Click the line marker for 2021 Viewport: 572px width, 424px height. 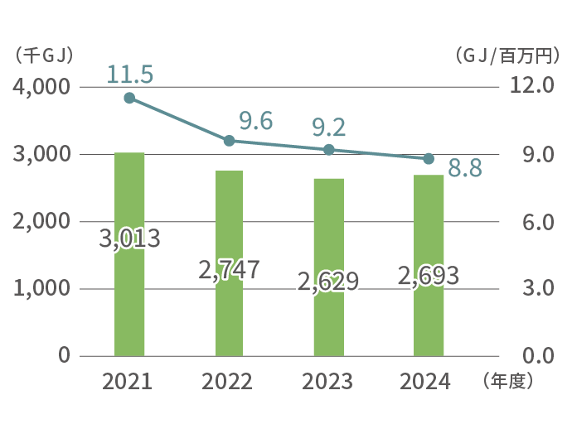coord(129,98)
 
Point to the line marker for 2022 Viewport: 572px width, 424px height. coord(230,141)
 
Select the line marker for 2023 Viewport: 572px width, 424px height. coord(329,150)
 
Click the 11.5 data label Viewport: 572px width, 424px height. coord(129,75)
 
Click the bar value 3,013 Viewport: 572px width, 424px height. coord(129,239)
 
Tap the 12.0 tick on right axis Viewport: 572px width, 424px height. coord(526,87)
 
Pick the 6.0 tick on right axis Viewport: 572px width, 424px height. coord(526,222)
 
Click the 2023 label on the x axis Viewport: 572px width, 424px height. coord(327,382)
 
